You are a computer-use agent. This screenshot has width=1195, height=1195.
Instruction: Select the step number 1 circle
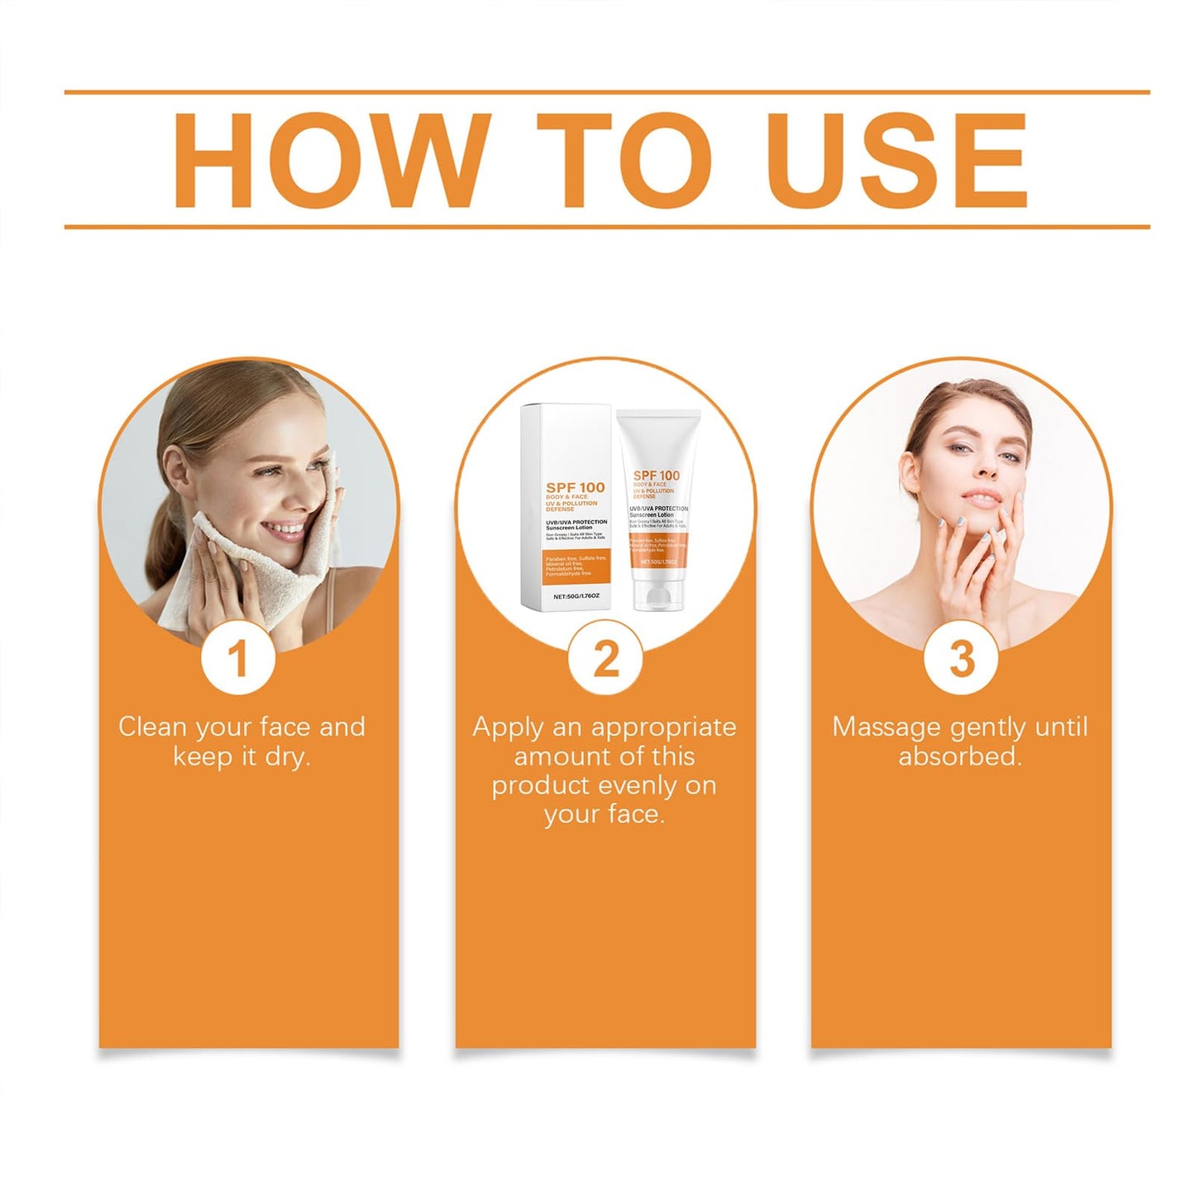coord(238,659)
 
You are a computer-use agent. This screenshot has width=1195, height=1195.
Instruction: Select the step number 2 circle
coord(605,659)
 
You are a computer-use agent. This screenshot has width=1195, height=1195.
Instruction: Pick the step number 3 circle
coord(961,659)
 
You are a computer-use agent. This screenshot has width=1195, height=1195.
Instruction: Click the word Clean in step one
coord(152,727)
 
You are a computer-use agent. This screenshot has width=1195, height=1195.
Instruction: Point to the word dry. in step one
coord(287,757)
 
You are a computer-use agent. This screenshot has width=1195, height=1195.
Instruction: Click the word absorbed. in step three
coord(960,757)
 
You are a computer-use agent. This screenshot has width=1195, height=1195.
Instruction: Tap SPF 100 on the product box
coord(575,487)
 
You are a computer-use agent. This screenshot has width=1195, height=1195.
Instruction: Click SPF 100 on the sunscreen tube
coord(656,475)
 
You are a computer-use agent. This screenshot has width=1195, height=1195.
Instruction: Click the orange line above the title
coord(606,92)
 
